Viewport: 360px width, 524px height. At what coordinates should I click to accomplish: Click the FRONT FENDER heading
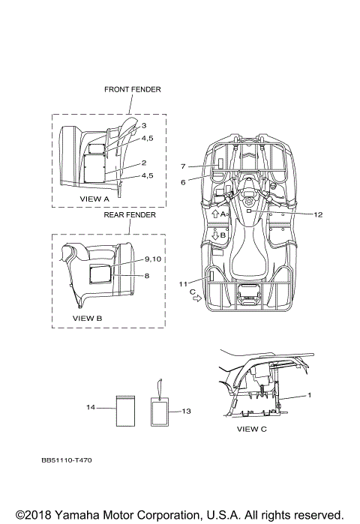(x=132, y=89)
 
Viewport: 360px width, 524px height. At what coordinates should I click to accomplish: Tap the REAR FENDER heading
(x=130, y=214)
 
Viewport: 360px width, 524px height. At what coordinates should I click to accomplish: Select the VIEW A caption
(x=94, y=199)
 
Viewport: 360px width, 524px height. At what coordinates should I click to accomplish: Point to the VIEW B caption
(x=87, y=318)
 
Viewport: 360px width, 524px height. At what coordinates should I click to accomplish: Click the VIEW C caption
(x=252, y=429)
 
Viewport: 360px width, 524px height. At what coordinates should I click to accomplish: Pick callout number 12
(x=318, y=214)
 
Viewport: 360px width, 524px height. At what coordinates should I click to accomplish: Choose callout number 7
(x=183, y=166)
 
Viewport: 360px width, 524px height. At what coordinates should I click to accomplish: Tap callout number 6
(x=183, y=182)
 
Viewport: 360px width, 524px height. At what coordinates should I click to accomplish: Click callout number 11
(x=183, y=284)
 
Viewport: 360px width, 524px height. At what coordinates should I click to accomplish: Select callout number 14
(x=91, y=407)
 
